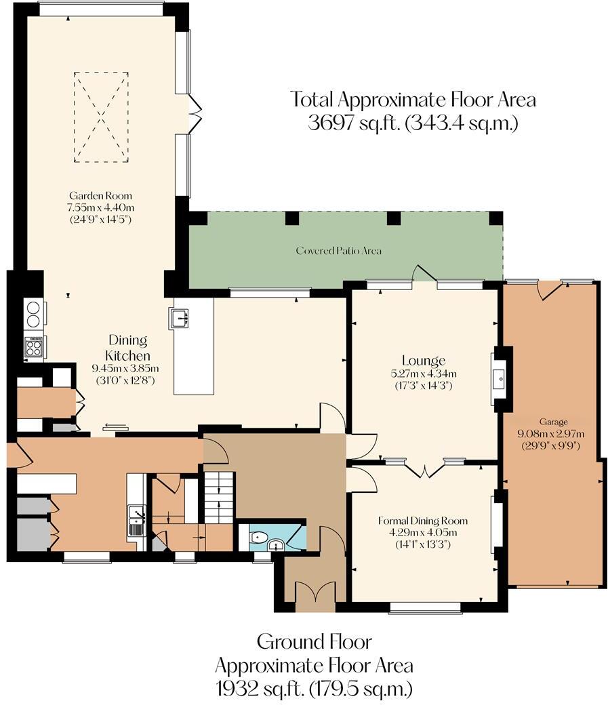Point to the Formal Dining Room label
[423, 521]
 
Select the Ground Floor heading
[314, 641]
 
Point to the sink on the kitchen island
[180, 317]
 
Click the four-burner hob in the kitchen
[34, 347]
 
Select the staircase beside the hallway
[219, 497]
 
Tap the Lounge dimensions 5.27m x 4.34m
[423, 374]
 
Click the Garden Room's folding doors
[195, 113]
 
